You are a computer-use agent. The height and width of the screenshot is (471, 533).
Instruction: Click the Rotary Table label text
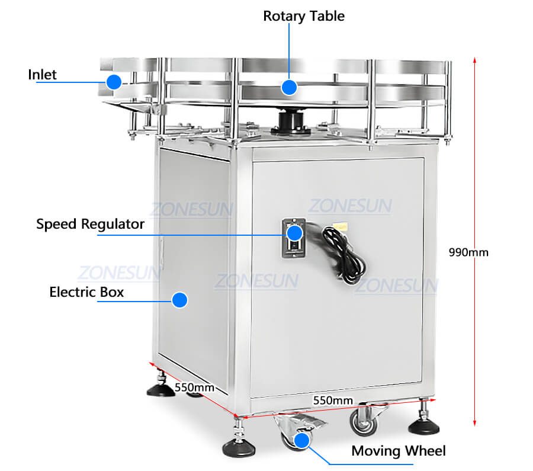click(304, 16)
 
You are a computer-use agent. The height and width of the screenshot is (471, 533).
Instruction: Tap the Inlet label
click(43, 75)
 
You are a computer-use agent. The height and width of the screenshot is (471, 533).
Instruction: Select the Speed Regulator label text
click(90, 224)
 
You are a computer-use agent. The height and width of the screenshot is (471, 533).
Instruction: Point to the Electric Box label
click(86, 292)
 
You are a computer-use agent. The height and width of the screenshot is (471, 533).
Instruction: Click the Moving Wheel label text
click(398, 451)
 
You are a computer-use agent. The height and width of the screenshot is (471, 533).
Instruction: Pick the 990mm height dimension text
click(468, 252)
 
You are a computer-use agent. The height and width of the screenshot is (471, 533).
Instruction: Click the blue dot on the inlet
click(114, 82)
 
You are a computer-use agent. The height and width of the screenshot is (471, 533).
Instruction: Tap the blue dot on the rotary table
click(289, 87)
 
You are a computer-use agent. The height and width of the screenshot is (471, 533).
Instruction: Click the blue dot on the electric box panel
click(180, 299)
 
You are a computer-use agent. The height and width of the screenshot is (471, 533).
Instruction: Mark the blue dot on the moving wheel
click(303, 440)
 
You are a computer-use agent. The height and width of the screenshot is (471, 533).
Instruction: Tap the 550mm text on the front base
click(333, 400)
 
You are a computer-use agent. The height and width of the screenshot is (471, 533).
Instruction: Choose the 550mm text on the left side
click(194, 387)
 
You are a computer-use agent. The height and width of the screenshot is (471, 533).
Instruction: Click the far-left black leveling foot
click(160, 389)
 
